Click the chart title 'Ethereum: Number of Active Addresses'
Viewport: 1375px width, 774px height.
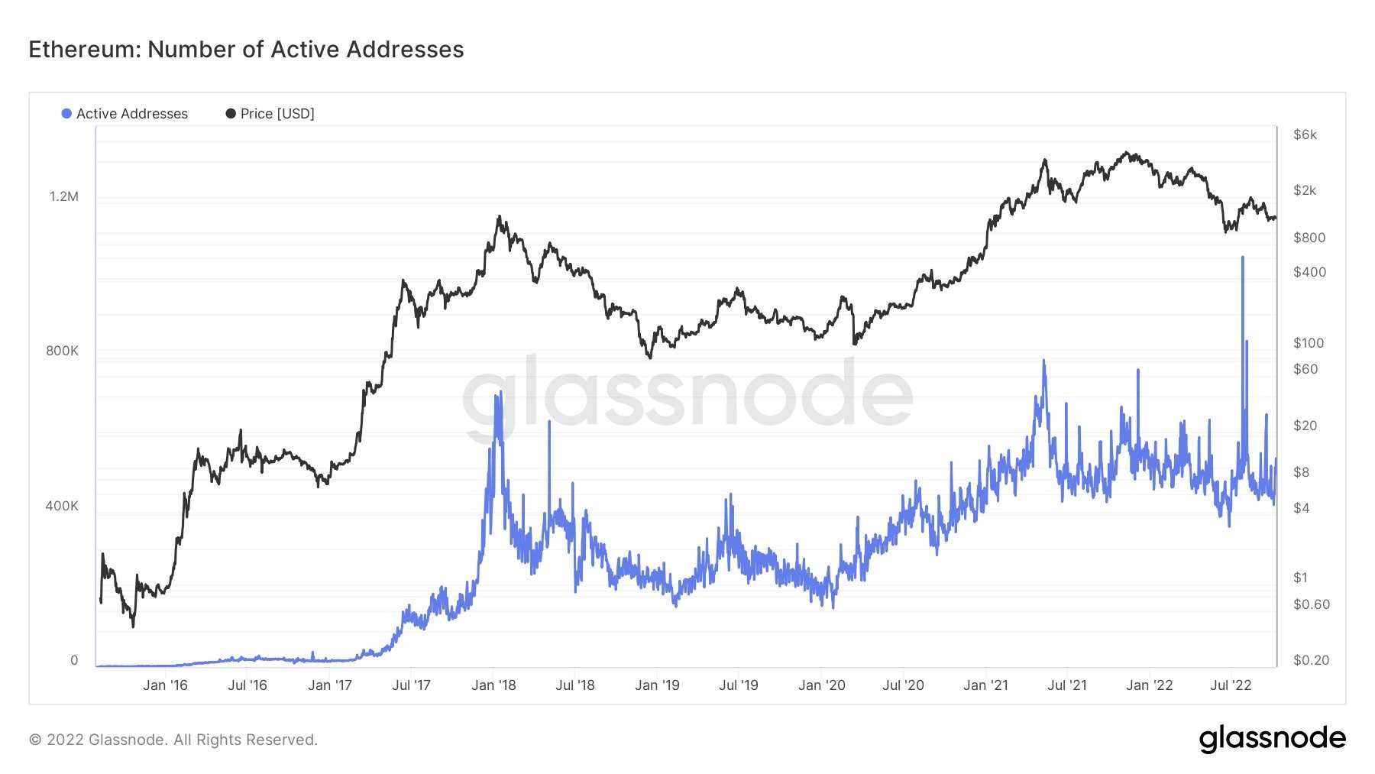(x=246, y=50)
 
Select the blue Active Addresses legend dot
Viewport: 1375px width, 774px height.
(x=66, y=114)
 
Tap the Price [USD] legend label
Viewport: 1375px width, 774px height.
(x=277, y=114)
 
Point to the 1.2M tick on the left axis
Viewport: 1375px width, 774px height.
(x=64, y=196)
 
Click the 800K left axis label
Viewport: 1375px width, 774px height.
(x=62, y=351)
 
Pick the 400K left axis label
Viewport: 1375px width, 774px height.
(x=62, y=506)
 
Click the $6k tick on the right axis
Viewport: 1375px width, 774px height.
(x=1305, y=134)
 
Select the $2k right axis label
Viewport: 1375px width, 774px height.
(x=1305, y=190)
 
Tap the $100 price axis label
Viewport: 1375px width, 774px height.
(x=1308, y=343)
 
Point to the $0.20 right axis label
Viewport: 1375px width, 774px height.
(x=1311, y=660)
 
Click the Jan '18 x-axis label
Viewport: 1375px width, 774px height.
(x=493, y=685)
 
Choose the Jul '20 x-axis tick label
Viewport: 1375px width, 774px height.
(x=903, y=685)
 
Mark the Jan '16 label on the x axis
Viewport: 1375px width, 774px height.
(x=165, y=685)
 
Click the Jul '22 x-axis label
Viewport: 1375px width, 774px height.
(x=1231, y=685)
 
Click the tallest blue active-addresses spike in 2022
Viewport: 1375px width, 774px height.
(x=1242, y=258)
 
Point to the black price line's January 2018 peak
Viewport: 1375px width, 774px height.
(x=499, y=217)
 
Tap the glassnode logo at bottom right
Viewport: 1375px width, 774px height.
(x=1272, y=739)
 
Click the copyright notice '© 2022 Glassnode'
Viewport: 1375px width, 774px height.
(x=173, y=740)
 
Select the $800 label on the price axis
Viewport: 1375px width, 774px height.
(x=1309, y=238)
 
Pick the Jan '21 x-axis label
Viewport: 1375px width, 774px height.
(x=985, y=685)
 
